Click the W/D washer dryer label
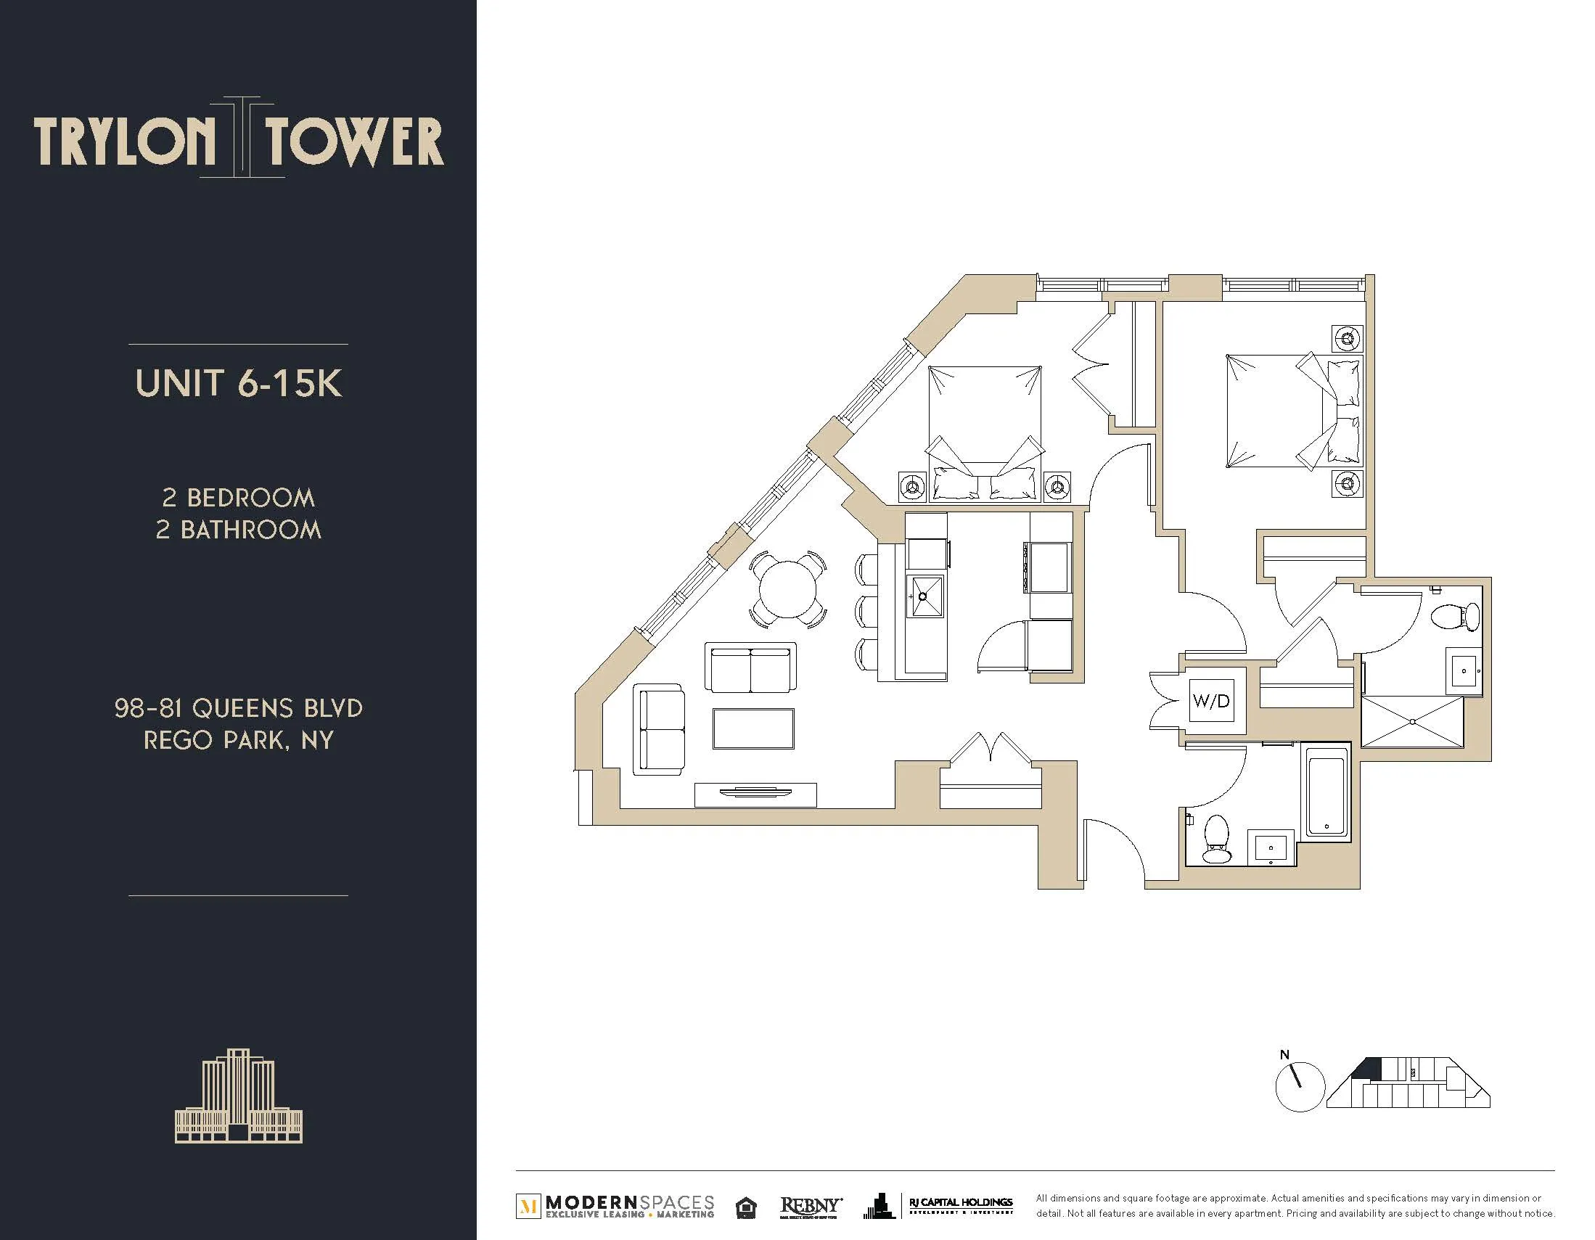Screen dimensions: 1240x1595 [1211, 701]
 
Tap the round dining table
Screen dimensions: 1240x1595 [789, 589]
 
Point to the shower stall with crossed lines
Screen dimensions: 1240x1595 [1411, 721]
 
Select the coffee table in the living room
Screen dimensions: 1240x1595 [753, 728]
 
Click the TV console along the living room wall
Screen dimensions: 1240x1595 [755, 794]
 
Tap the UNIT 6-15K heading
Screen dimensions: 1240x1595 [238, 383]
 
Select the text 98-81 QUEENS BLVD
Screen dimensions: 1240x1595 [238, 707]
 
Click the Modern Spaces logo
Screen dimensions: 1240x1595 [615, 1208]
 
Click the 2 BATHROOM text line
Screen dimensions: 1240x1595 [238, 530]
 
